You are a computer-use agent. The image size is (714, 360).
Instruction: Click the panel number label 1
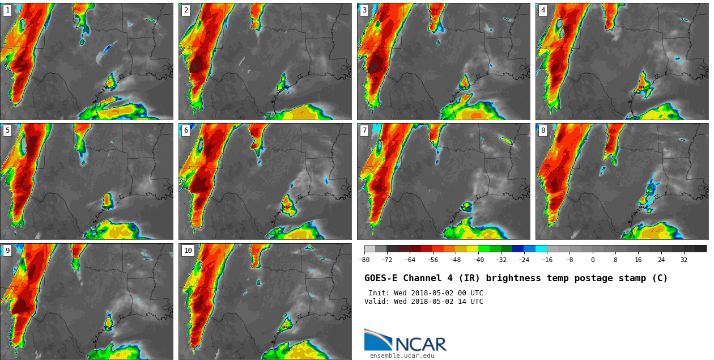pyautogui.click(x=7, y=10)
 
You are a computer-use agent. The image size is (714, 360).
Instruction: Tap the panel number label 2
pyautogui.click(x=186, y=10)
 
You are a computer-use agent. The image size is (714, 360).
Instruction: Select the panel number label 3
pyautogui.click(x=364, y=10)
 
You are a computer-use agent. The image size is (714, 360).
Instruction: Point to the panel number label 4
pyautogui.click(x=543, y=10)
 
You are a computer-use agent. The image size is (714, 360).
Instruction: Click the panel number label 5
pyautogui.click(x=7, y=130)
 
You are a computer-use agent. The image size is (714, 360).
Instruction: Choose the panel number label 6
pyautogui.click(x=186, y=130)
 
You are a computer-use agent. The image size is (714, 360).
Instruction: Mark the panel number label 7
pyautogui.click(x=364, y=130)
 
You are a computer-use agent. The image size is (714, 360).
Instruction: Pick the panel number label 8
pyautogui.click(x=543, y=130)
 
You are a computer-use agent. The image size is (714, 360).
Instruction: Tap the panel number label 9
pyautogui.click(x=7, y=251)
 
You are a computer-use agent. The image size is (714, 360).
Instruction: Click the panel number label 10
pyautogui.click(x=188, y=251)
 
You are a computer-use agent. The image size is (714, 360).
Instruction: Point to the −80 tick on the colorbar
pyautogui.click(x=364, y=260)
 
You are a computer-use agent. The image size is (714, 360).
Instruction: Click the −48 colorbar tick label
pyautogui.click(x=455, y=260)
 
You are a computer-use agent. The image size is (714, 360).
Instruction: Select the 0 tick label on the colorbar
pyautogui.click(x=593, y=260)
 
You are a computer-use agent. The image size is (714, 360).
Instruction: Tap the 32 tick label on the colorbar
pyautogui.click(x=684, y=260)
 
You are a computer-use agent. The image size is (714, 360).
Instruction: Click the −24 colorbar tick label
pyautogui.click(x=524, y=260)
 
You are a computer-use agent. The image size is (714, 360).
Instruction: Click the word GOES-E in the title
pyautogui.click(x=381, y=278)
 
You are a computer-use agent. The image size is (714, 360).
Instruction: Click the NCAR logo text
pyautogui.click(x=420, y=344)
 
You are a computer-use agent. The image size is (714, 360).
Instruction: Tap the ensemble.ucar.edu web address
pyautogui.click(x=402, y=356)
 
